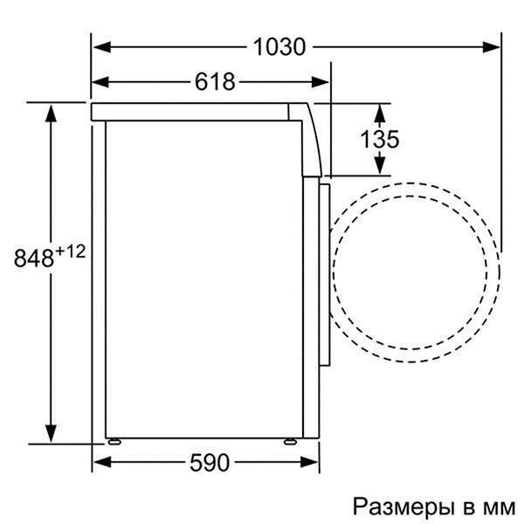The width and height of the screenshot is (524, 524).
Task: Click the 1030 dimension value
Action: pos(279,46)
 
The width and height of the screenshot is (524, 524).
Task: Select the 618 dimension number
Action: pos(215,82)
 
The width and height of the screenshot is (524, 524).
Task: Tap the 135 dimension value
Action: pos(379,139)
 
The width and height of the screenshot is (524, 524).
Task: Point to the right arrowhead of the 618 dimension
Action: pos(324,82)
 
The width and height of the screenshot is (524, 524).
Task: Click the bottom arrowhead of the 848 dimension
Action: pos(52,434)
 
